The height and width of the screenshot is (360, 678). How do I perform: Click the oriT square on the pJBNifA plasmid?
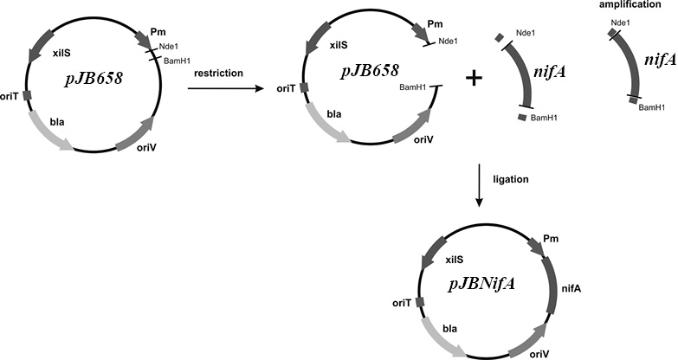tap(419, 301)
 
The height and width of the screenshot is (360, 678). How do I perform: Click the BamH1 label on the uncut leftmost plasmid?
tap(177, 61)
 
